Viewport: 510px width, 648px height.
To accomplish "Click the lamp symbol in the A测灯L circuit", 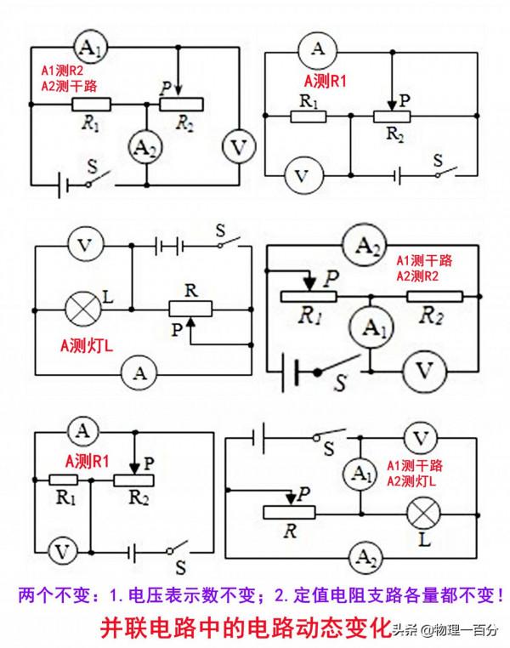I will (x=83, y=307).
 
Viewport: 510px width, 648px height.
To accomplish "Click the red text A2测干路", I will (x=71, y=85).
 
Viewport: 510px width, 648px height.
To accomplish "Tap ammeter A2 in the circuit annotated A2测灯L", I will (x=366, y=558).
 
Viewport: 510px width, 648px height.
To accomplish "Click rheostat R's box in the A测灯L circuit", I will (x=192, y=307).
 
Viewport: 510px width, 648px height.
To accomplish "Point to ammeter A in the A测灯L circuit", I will (x=143, y=372).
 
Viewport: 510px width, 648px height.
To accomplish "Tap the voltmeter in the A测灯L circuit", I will (x=83, y=246).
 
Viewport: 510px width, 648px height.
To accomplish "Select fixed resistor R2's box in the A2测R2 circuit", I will (x=434, y=296).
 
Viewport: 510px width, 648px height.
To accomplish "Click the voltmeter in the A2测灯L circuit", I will (x=419, y=439).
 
